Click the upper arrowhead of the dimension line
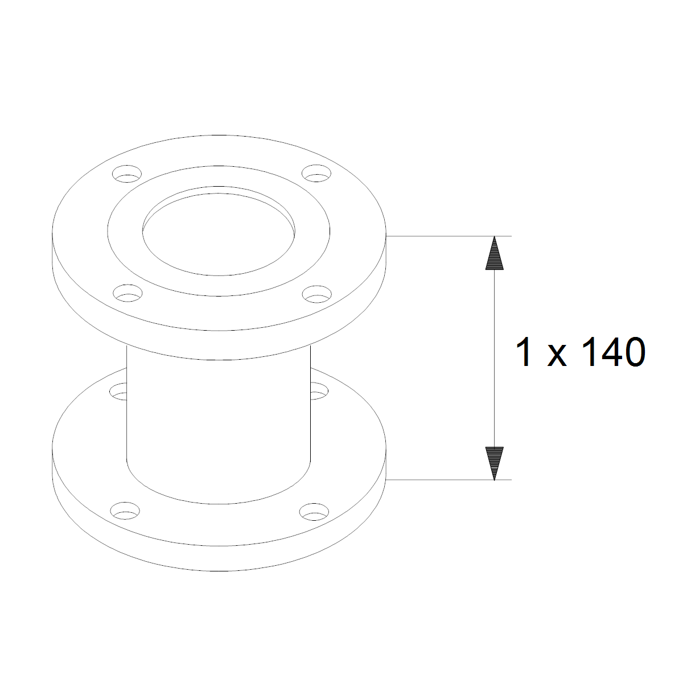(495, 254)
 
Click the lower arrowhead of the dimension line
(495, 464)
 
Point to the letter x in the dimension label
(557, 356)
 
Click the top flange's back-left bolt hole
(127, 174)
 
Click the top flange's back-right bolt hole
(316, 173)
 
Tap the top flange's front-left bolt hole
(127, 293)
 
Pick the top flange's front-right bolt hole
(317, 294)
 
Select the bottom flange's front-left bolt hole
(125, 511)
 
